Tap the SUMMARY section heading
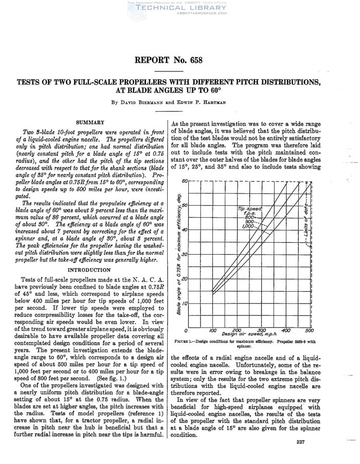click(x=90, y=122)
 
